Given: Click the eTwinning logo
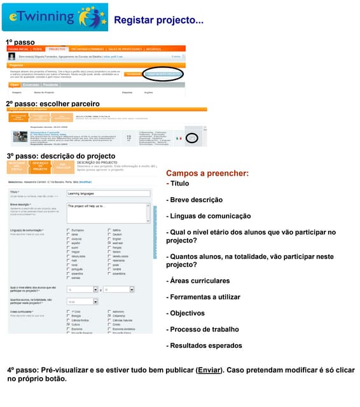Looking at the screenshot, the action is point(55,17).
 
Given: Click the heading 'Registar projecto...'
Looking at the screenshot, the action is point(158,20).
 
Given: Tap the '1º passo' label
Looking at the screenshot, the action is point(20,42).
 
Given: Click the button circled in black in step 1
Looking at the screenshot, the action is point(163,74).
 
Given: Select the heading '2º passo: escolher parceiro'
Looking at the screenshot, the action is point(53,103).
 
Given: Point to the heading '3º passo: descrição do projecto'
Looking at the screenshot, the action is point(61,156).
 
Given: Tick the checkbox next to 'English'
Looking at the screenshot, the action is point(109,238).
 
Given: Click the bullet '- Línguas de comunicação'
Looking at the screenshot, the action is point(208,216).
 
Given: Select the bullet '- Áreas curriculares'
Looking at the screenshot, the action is point(198,280).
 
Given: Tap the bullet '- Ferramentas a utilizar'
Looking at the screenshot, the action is point(203,297).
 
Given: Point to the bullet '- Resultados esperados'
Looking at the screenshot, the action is point(204,346).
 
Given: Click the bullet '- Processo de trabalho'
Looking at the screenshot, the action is point(202,329).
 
